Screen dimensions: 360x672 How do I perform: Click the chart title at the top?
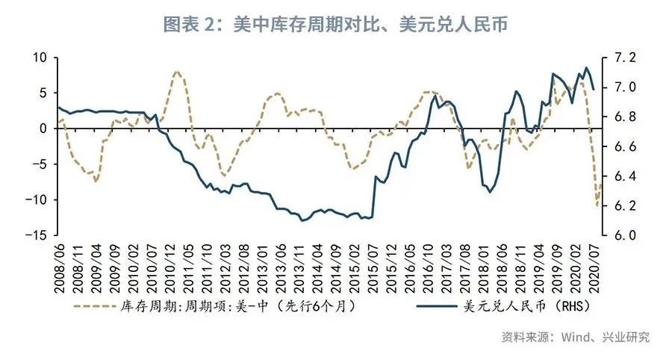click(335, 24)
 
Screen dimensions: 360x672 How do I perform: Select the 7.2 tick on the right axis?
click(624, 58)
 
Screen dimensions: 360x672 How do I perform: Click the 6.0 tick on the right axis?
click(624, 235)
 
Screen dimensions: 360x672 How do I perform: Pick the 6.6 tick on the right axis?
click(624, 146)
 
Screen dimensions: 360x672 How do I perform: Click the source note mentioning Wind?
click(575, 337)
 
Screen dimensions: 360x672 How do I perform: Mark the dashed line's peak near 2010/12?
click(176, 72)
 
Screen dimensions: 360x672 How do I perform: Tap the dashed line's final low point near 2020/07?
click(597, 206)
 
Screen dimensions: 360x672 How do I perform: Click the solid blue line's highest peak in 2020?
click(586, 68)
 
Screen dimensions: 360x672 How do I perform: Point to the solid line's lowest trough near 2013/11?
click(302, 220)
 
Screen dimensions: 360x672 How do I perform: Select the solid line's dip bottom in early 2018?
click(491, 192)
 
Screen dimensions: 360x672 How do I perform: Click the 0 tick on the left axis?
click(43, 128)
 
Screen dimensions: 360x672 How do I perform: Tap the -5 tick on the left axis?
click(40, 164)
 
